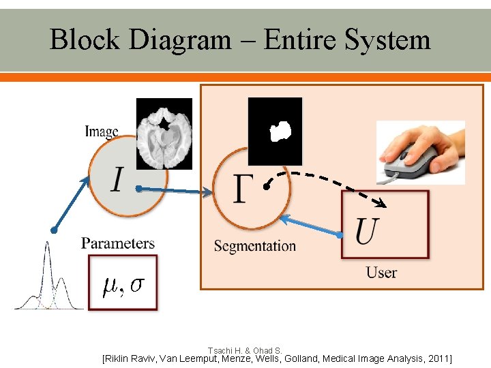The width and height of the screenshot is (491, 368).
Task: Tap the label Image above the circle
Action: (x=102, y=132)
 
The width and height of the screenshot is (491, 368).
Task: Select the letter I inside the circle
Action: (x=117, y=181)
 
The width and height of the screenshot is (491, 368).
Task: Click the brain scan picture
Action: (x=164, y=134)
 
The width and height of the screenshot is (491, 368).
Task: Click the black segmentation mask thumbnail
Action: (x=275, y=131)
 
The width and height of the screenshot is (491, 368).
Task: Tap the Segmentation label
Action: (x=255, y=246)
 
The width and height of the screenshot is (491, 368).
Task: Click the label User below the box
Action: (x=381, y=273)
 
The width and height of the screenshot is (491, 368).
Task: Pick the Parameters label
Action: (x=118, y=243)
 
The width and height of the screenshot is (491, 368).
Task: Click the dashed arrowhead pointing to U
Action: (x=381, y=204)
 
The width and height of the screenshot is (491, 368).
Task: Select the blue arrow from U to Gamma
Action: (x=310, y=226)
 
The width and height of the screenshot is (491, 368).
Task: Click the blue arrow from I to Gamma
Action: (x=174, y=191)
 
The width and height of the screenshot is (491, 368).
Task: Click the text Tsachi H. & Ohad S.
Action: (x=245, y=350)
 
